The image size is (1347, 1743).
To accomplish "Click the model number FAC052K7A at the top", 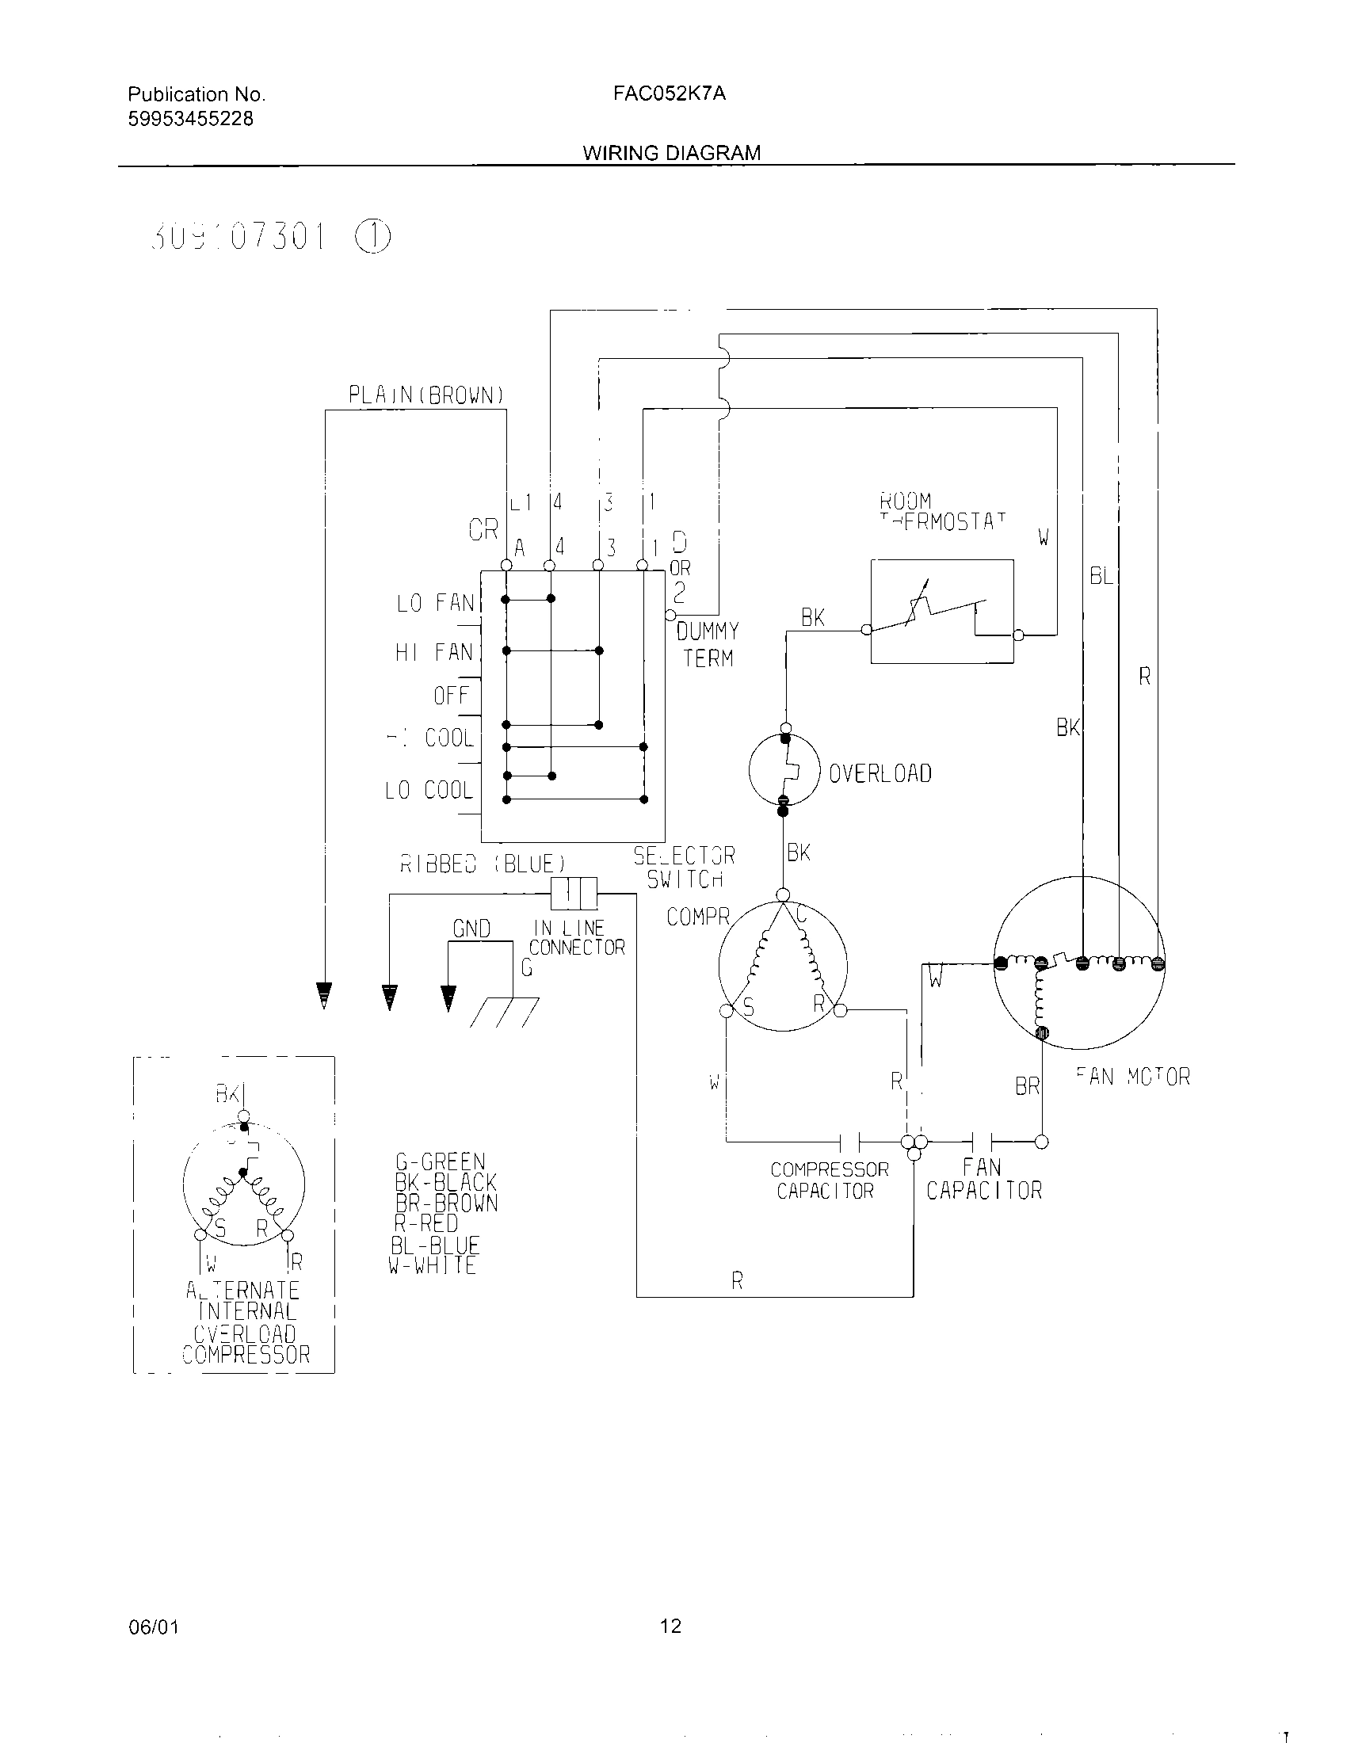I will coord(670,93).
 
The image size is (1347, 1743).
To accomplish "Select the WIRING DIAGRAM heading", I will coord(671,152).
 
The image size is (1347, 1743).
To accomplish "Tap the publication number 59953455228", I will coord(191,119).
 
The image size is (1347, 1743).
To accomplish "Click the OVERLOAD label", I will coord(880,773).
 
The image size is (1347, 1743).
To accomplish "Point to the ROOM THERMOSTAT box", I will coord(941,612).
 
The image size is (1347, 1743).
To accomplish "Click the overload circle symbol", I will coord(784,770).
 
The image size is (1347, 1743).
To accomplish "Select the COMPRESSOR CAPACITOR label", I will coord(828,1180).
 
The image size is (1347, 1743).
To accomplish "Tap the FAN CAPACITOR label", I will coord(984,1179).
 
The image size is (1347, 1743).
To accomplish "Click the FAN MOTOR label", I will coord(1132,1077).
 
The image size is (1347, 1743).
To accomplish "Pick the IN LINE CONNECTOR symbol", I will coord(574,893).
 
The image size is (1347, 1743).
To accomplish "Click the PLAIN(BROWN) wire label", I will coord(426,395).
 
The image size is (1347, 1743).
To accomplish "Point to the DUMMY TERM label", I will coord(708,645).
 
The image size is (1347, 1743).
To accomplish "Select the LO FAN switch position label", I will coord(435,604).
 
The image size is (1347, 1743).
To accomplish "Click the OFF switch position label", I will coord(452,695).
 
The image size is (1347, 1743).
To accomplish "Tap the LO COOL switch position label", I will coord(429,790).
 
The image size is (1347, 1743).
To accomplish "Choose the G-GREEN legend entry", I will coord(441,1162).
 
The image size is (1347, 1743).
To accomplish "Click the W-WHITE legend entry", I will coord(433,1266).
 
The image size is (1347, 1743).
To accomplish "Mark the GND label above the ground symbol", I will coord(471,929).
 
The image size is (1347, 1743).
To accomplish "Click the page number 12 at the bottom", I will coord(670,1626).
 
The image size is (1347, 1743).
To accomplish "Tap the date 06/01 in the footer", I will coord(153,1627).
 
